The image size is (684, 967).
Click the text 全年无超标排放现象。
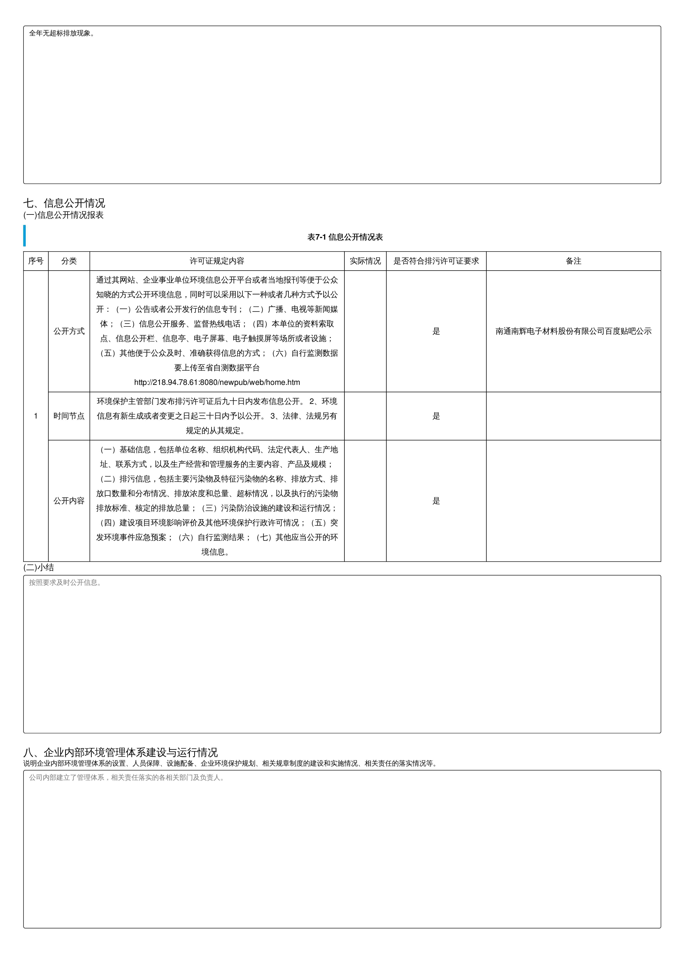click(62, 33)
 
